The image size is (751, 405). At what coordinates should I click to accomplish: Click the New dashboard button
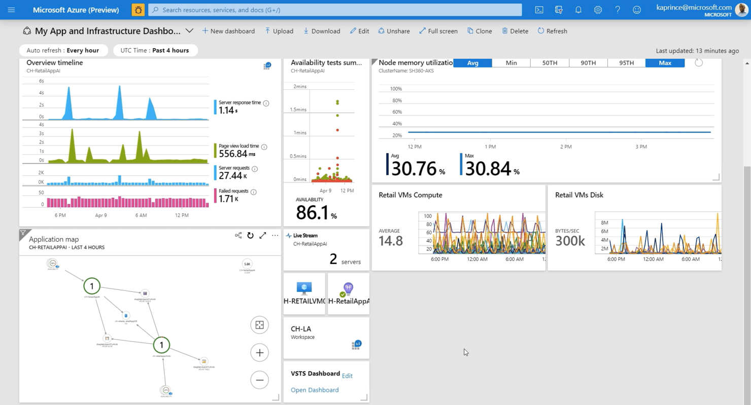(x=228, y=31)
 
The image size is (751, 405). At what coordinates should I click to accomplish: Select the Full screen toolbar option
(x=438, y=31)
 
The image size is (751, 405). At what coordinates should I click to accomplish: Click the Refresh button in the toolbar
(x=552, y=31)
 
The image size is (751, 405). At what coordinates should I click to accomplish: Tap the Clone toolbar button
(x=480, y=31)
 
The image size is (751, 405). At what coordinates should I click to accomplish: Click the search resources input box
(x=335, y=10)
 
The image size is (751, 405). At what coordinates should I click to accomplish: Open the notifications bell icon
(x=578, y=10)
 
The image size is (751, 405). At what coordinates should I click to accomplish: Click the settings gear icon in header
(x=598, y=10)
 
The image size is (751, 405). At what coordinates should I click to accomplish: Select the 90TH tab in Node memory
(x=588, y=63)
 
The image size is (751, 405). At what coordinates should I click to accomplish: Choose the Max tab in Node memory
(x=665, y=63)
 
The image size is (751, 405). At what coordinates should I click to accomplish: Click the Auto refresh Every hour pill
(x=63, y=50)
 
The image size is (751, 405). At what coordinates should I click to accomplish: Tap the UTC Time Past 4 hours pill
(x=155, y=50)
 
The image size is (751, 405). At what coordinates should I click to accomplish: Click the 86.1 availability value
(x=313, y=213)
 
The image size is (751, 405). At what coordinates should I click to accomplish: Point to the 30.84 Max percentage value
(x=488, y=168)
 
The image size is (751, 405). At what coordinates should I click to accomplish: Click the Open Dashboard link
(x=315, y=390)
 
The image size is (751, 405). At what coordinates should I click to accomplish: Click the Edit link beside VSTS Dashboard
(x=347, y=376)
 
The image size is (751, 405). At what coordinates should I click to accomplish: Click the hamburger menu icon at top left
(x=11, y=10)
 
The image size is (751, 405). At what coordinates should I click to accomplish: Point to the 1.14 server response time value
(x=226, y=111)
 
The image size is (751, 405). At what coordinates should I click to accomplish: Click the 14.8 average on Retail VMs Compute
(x=391, y=240)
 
